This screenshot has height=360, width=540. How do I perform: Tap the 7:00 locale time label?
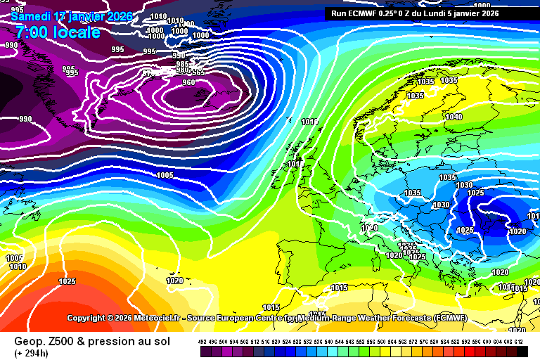[57, 32]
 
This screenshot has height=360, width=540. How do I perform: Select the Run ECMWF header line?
[416, 13]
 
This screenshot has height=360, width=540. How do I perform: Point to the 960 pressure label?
[188, 82]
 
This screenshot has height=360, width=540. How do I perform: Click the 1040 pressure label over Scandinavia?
[454, 117]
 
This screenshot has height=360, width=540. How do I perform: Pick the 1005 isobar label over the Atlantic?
[165, 175]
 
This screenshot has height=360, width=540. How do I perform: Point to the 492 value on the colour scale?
[203, 341]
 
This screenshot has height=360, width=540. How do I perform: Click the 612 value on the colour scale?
[519, 341]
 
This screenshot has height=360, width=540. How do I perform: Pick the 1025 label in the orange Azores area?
[67, 281]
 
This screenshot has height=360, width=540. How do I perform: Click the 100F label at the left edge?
[15, 258]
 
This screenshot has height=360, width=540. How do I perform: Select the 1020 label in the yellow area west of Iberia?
[174, 281]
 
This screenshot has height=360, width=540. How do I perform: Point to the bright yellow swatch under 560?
[384, 350]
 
